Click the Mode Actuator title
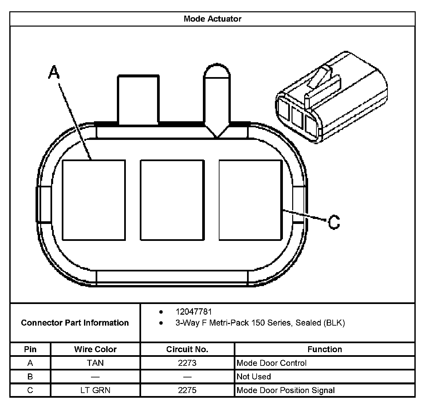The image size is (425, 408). tap(212, 19)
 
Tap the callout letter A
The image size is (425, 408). tap(54, 72)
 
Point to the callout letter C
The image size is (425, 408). tap(334, 222)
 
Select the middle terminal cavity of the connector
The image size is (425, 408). tap(172, 200)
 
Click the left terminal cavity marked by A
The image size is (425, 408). tap(94, 200)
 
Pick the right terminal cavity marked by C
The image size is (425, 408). tap(250, 200)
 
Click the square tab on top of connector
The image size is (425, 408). tap(138, 100)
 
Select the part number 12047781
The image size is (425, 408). tap(194, 312)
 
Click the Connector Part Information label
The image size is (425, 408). tap(75, 323)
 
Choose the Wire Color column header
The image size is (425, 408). tap(95, 349)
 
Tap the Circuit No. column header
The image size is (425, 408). tap(187, 349)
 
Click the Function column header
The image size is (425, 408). tap(324, 349)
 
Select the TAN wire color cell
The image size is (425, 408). tap(95, 363)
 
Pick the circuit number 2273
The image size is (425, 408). tap(187, 363)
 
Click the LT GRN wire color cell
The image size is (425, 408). tap(95, 390)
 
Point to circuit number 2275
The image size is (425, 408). tap(187, 390)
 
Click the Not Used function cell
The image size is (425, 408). tap(254, 376)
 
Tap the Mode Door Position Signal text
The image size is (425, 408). tap(286, 390)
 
